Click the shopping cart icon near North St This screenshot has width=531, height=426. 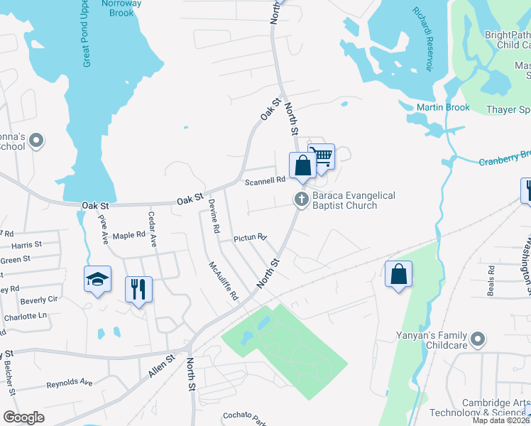tap(324, 155)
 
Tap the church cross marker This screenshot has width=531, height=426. tap(301, 200)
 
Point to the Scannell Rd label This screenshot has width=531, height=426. tap(265, 182)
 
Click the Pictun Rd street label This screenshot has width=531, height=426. tap(250, 238)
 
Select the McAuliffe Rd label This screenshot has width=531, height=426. tap(223, 280)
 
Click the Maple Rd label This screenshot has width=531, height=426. tap(128, 236)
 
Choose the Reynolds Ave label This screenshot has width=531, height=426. tap(70, 383)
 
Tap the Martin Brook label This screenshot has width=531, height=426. tap(443, 108)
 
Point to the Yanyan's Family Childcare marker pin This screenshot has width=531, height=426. tap(478, 339)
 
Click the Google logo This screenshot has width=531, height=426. tap(23, 417)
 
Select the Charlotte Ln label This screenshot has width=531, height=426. tap(24, 315)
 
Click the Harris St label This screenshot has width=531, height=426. tap(27, 245)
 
